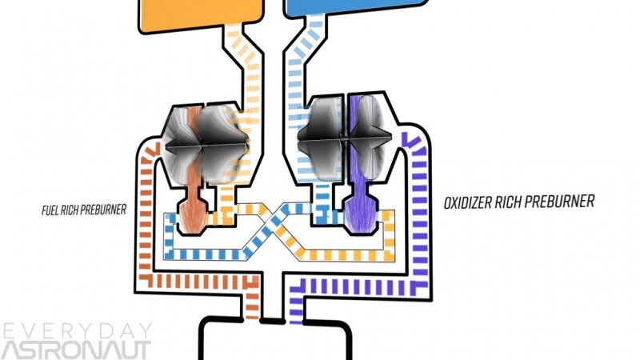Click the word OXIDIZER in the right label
[472, 204]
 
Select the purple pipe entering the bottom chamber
[296, 304]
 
